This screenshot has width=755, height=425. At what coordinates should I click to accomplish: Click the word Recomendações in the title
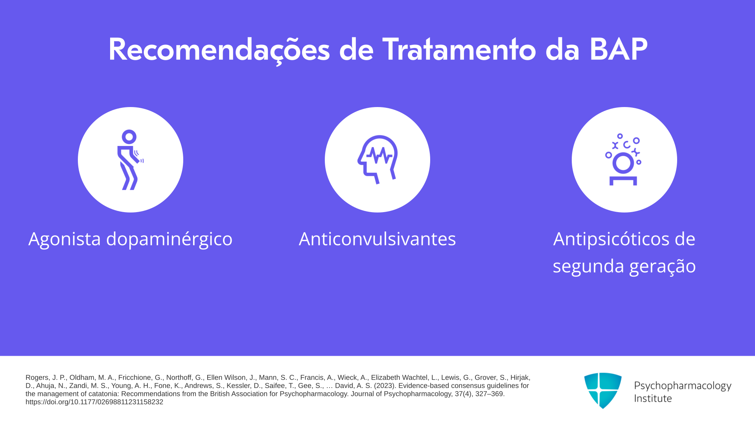(219, 50)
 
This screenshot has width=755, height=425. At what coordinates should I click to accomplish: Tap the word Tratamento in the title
(459, 50)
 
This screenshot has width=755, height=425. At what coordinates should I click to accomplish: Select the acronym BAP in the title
(618, 50)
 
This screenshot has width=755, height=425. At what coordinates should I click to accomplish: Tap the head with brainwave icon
(377, 160)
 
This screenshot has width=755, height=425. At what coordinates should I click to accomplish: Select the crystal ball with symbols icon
(623, 160)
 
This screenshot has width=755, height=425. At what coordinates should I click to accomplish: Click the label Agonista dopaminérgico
(131, 239)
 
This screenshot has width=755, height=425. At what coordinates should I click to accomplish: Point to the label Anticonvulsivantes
(377, 239)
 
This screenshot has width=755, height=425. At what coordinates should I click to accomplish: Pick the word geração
(663, 266)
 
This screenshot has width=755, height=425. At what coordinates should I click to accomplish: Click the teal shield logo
(603, 390)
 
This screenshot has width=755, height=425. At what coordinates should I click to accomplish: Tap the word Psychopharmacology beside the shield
(683, 386)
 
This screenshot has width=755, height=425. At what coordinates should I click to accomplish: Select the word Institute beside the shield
(653, 398)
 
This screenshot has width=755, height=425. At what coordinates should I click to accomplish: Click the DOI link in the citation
(94, 402)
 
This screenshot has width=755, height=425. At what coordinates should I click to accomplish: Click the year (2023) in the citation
(385, 386)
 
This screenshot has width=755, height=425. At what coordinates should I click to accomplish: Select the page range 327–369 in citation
(488, 394)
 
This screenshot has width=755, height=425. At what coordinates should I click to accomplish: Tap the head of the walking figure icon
(129, 137)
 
